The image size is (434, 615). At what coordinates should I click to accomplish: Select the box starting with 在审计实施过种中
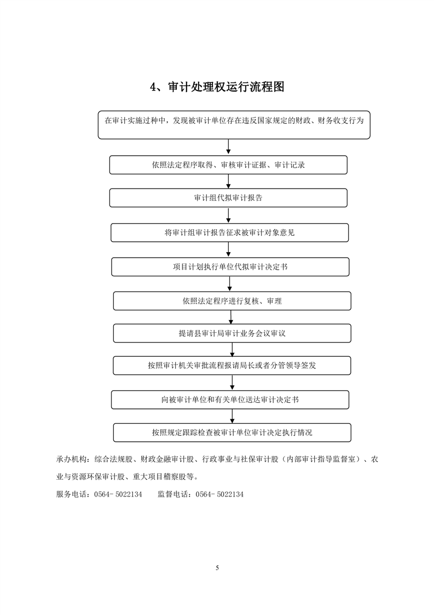[x=234, y=125]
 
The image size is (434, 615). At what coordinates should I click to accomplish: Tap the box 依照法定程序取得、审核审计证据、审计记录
[x=228, y=165]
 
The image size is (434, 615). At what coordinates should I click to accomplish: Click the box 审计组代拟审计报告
[x=228, y=198]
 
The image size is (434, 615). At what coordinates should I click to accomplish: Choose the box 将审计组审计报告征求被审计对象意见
[x=229, y=232]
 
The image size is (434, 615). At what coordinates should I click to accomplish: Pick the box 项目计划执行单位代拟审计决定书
[x=230, y=267]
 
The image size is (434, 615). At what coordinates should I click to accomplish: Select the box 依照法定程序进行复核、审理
[x=232, y=301]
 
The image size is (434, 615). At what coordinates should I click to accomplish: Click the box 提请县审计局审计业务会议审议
[x=232, y=333]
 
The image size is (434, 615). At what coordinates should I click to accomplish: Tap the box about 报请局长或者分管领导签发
[x=232, y=366]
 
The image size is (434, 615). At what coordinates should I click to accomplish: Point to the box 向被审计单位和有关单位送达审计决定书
[x=230, y=400]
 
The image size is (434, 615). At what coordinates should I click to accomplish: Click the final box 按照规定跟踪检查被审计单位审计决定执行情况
[x=232, y=432]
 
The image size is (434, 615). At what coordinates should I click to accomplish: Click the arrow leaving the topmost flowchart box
[x=228, y=147]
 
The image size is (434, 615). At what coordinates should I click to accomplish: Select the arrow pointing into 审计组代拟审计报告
[x=228, y=181]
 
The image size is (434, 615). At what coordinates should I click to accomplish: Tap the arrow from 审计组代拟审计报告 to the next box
[x=228, y=215]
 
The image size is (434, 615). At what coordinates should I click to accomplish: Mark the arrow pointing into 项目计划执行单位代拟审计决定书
[x=229, y=250]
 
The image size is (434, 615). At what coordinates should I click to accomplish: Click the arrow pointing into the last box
[x=232, y=416]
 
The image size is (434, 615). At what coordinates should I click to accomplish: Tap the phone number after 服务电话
[x=118, y=494]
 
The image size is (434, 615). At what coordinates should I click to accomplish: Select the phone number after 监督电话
[x=219, y=494]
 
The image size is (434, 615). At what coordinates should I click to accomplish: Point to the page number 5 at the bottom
[x=217, y=567]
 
